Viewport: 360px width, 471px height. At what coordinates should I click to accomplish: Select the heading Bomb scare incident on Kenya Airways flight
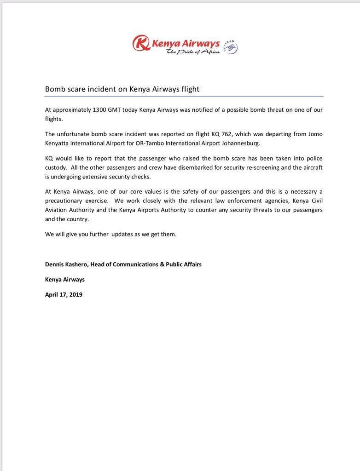122,89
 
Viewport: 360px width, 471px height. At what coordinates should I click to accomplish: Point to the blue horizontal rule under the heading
184,96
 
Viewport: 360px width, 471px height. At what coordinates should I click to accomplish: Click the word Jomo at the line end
314,134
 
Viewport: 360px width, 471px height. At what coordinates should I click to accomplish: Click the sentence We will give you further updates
110,234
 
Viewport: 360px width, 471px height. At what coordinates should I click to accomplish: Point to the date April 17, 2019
64,294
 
